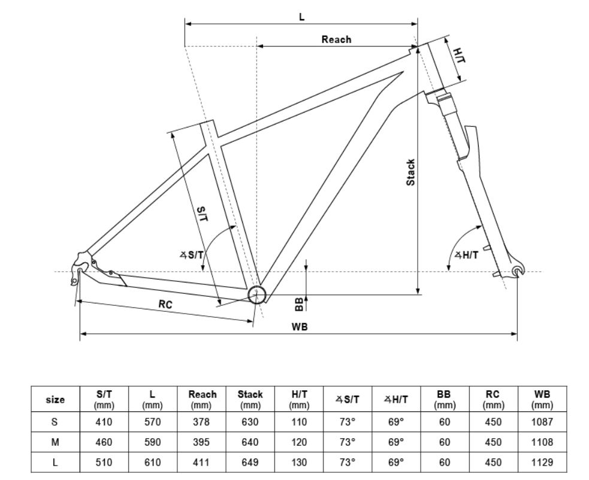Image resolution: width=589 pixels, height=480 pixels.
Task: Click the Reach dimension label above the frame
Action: [336, 40]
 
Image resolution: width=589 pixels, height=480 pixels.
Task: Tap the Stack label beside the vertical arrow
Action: [410, 172]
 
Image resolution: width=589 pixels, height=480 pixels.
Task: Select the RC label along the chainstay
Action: [165, 305]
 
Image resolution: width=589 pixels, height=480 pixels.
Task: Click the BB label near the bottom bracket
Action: [299, 304]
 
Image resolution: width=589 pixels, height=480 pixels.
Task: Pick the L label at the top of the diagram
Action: [302, 17]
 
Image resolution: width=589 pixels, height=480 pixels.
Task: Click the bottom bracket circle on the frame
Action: [256, 295]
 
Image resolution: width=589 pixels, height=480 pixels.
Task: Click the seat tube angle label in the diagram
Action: [192, 255]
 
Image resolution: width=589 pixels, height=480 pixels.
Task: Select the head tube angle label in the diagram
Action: [467, 256]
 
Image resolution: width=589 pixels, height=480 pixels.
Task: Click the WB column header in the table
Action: [542, 399]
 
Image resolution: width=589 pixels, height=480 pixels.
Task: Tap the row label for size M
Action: [55, 442]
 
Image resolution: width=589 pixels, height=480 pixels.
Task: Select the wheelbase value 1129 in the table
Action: [542, 463]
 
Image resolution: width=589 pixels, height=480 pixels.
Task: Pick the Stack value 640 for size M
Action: [250, 442]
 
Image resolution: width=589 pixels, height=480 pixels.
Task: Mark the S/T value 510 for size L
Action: [104, 463]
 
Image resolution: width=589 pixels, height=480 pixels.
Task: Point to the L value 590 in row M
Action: [153, 442]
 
